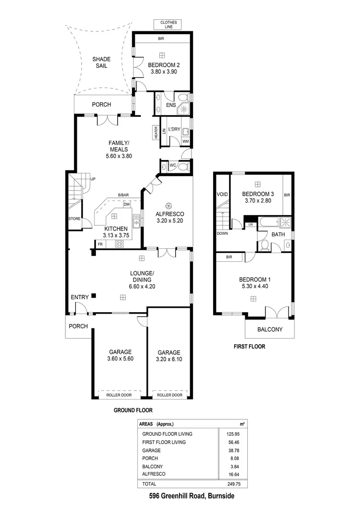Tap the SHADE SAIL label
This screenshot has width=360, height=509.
pyautogui.click(x=101, y=62)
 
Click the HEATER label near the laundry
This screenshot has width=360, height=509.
pyautogui.click(x=156, y=133)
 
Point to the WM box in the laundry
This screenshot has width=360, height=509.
pyautogui.click(x=185, y=141)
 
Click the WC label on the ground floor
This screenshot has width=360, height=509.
pyautogui.click(x=173, y=166)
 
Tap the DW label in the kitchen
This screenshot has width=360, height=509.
pyautogui.click(x=127, y=205)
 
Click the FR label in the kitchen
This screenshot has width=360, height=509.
pyautogui.click(x=100, y=244)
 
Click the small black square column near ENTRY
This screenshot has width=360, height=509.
pyautogui.click(x=95, y=295)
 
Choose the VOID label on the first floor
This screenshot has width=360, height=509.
pyautogui.click(x=222, y=194)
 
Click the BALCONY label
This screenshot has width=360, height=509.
pyautogui.click(x=270, y=329)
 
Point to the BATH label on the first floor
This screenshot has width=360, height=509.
pyautogui.click(x=278, y=235)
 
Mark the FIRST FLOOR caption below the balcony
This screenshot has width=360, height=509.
pyautogui.click(x=249, y=346)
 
